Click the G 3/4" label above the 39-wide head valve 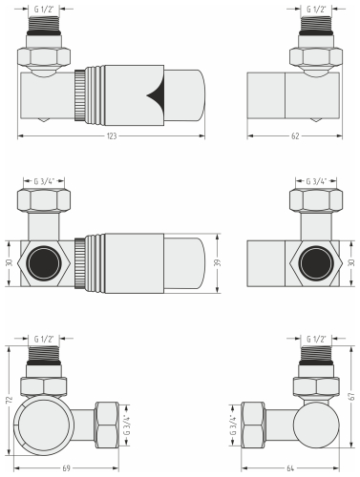pos(43,179)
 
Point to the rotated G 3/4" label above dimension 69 pos(126,421)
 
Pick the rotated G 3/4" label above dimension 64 pos(232,421)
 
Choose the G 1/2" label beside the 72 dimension pos(46,339)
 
